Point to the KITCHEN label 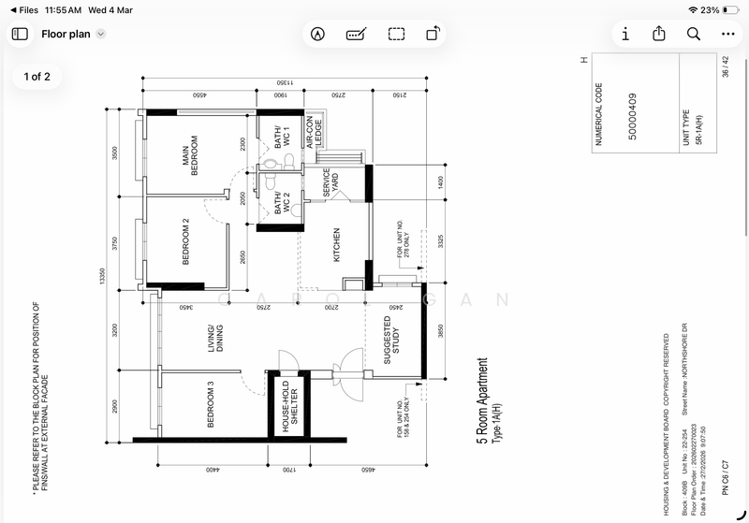pos(335,245)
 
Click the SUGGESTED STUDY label pos(393,340)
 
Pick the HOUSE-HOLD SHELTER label pos(287,406)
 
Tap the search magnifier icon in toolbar pos(693,34)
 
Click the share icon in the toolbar pos(659,34)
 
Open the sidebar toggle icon pos(20,34)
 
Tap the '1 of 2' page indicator pos(37,77)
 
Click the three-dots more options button pos(728,34)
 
